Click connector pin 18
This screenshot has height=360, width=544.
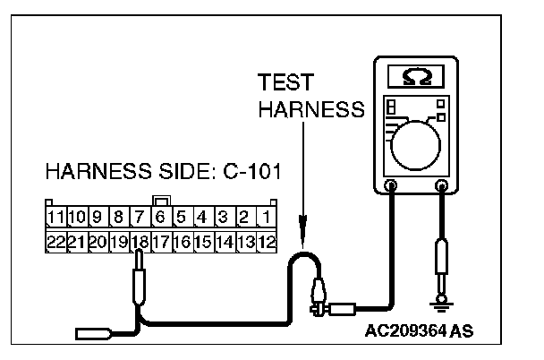(x=140, y=241)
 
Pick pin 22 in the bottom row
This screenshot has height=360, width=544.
(x=55, y=241)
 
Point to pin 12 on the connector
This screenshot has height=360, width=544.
(x=267, y=241)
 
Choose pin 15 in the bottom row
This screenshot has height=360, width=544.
(x=203, y=241)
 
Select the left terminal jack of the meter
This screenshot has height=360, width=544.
(x=391, y=186)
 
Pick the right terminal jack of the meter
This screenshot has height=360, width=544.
(x=441, y=186)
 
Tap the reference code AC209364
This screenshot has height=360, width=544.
(x=406, y=330)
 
